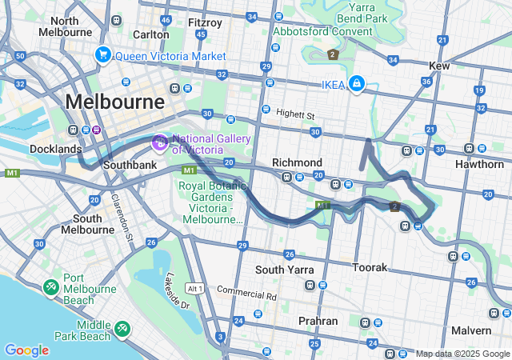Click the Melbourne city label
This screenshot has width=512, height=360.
coord(115,102)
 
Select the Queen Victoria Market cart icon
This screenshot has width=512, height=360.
coord(102,55)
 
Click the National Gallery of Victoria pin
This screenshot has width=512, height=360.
coord(159,143)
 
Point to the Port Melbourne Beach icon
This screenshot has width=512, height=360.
coord(51,286)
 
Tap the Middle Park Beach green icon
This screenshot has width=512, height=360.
coord(121,328)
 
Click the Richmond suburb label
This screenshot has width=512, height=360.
coord(297,162)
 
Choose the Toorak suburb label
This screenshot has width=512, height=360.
coord(370,266)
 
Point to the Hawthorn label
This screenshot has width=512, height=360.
coord(478,163)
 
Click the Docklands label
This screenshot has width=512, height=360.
coord(55,149)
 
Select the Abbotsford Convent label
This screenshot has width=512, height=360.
coord(322,31)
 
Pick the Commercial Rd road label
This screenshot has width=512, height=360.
coord(246,294)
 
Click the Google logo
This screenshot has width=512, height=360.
coord(26,350)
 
